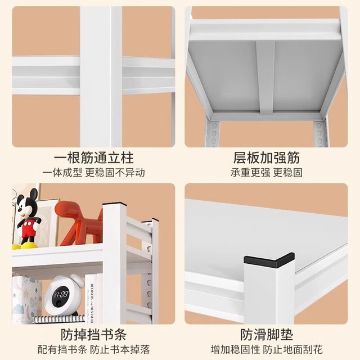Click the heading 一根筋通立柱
93,158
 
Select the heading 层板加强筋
267,158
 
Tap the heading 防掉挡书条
93,335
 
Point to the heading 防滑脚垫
267,335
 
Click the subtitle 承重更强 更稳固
267,173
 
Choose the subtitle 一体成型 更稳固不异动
93,173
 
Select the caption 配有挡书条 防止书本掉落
93,349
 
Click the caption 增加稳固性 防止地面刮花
267,349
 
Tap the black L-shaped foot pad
269,260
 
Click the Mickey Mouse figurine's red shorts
29,228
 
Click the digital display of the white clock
61,294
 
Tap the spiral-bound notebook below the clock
58,319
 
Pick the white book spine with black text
91,298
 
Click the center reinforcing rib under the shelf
265,78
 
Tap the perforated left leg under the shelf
213,133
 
